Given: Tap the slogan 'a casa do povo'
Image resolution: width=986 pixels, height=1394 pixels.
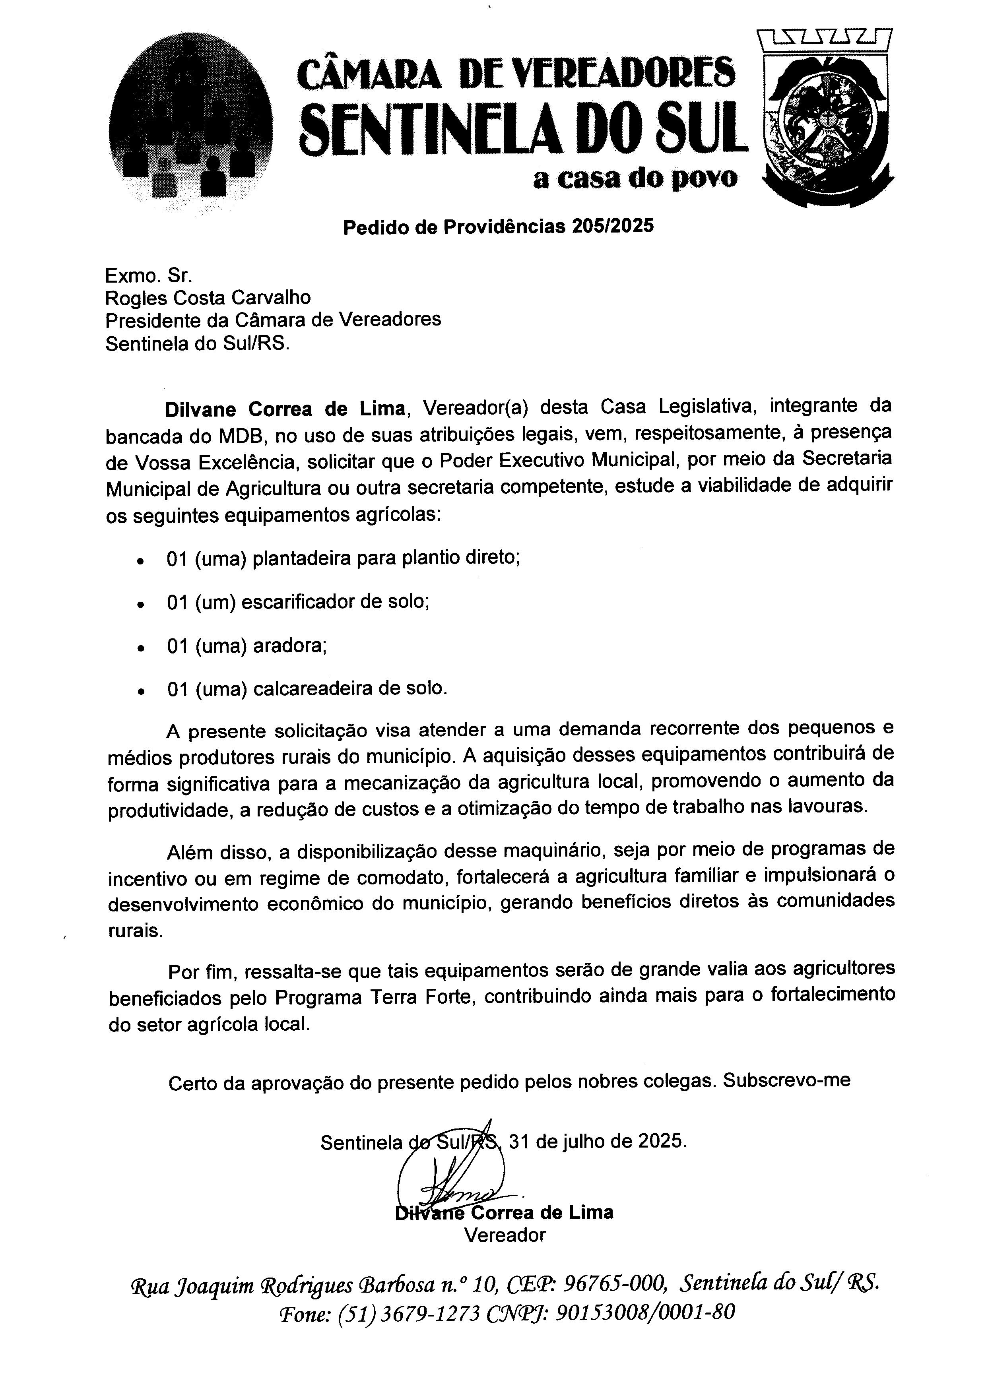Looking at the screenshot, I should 635,178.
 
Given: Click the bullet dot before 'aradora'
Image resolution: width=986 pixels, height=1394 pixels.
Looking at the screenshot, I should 141,648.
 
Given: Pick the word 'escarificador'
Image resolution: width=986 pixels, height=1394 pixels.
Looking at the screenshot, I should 296,602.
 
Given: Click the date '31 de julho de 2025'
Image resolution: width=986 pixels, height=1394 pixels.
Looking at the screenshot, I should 598,1142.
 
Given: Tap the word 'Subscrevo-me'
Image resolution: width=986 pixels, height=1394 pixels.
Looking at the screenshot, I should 786,1081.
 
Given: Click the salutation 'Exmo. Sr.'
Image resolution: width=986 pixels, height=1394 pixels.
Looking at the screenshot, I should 149,276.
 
